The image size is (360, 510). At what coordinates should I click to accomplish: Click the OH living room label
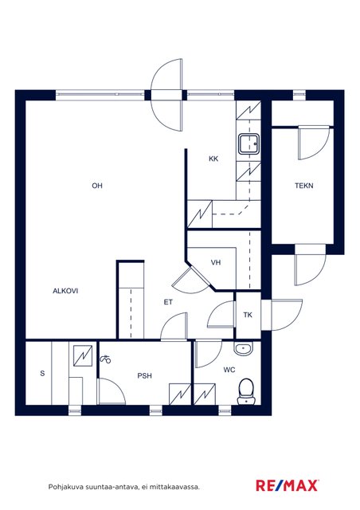(x=97, y=186)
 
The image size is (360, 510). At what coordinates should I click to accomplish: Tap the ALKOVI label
(x=65, y=291)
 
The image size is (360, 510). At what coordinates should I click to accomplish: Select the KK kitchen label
(x=213, y=159)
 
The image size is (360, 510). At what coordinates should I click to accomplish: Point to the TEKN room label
(x=304, y=186)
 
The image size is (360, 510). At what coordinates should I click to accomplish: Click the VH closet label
(x=216, y=262)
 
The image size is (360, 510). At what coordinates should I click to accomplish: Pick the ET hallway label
(x=168, y=302)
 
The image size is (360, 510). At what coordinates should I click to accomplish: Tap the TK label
(x=248, y=315)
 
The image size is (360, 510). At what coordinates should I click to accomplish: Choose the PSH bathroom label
(x=144, y=375)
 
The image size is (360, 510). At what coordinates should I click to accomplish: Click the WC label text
(x=229, y=370)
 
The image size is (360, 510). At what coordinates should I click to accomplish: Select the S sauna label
(x=42, y=374)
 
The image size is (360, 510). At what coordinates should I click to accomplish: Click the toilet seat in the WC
(x=246, y=391)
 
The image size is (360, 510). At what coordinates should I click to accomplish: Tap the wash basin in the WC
(x=243, y=349)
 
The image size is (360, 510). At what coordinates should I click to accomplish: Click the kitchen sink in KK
(x=248, y=143)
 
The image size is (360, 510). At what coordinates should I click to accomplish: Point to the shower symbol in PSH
(x=105, y=359)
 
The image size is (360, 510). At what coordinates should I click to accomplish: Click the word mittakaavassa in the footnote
(x=177, y=487)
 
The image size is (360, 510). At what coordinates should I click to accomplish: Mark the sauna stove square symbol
(x=83, y=356)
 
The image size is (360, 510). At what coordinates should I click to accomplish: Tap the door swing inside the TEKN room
(x=314, y=143)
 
